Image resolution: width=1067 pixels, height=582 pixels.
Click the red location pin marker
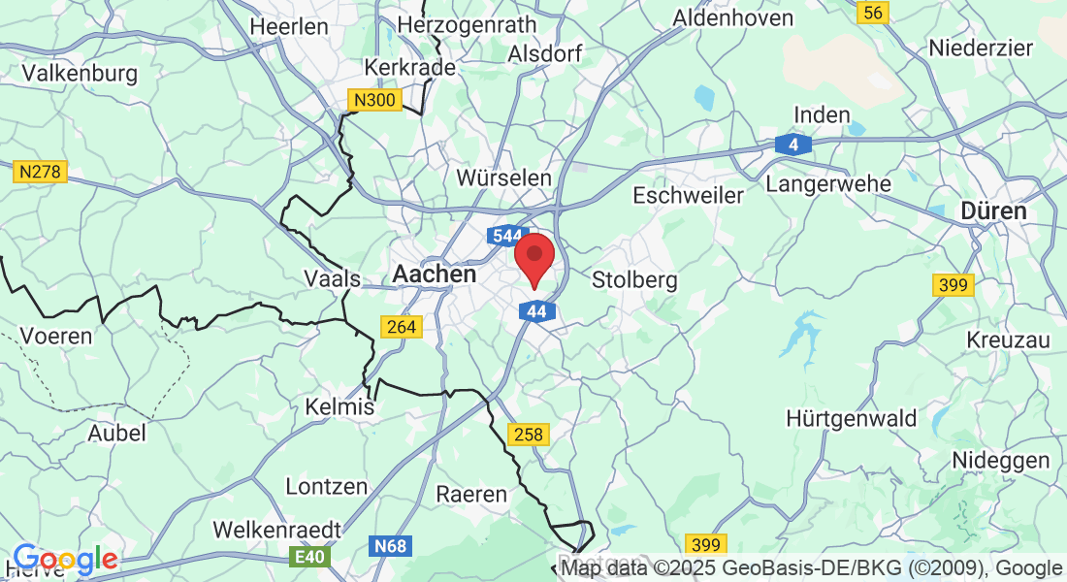point(533,257)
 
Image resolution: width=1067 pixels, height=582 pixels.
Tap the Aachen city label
point(435,275)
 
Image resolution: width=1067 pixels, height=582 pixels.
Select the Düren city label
point(993,210)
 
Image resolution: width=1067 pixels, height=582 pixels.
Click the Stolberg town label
point(634,280)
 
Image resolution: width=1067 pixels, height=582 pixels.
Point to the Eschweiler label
point(688,195)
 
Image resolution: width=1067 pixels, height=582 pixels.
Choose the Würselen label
point(503,178)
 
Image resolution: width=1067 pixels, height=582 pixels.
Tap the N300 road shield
point(374,100)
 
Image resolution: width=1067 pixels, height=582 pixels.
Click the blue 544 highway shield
point(506,236)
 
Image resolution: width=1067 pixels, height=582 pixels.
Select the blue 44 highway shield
point(536,311)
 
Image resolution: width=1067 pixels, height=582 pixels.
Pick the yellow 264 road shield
point(402,327)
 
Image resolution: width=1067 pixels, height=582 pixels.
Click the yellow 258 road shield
point(529,434)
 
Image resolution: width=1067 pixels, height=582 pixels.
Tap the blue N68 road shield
point(390,546)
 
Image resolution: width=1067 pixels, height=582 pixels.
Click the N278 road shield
point(40,172)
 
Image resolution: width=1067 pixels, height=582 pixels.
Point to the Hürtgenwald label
point(852,418)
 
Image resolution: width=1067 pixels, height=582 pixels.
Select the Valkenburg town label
point(80,73)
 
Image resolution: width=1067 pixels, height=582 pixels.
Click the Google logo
point(65,559)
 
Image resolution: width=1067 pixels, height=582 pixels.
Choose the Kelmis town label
point(339,406)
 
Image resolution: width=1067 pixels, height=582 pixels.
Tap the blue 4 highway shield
point(793,145)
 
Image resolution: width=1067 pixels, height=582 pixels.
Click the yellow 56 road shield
point(873,12)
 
